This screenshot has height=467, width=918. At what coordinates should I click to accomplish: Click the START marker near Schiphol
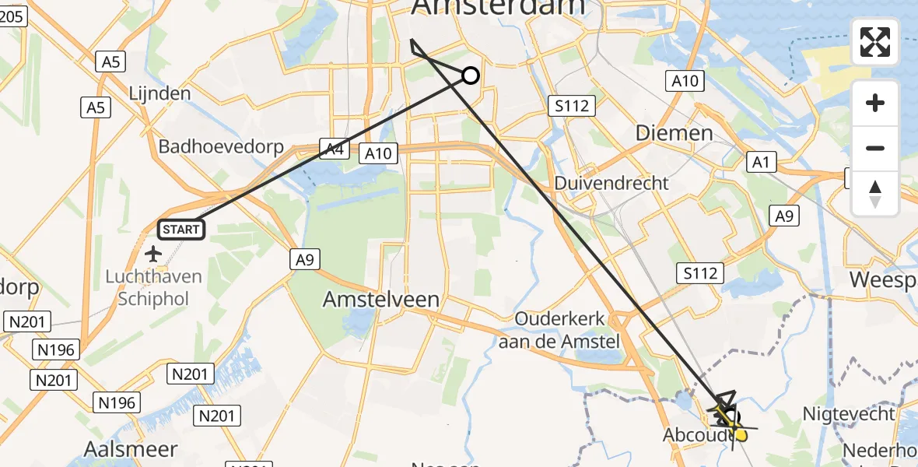pos(181,230)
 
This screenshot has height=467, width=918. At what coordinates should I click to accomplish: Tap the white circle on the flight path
pos(470,75)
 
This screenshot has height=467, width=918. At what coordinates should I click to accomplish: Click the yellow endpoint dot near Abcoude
pos(741,434)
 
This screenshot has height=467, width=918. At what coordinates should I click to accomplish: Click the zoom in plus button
pos(875,103)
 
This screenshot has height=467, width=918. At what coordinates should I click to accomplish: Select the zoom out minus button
pos(875,148)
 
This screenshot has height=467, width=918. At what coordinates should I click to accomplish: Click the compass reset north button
pos(875,193)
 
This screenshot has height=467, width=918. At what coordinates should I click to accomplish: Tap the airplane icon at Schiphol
pos(153,254)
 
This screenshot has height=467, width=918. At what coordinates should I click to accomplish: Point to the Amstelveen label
pos(381,299)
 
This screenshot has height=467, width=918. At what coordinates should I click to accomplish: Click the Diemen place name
pos(674,132)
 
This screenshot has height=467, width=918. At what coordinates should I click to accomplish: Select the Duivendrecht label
pos(611,183)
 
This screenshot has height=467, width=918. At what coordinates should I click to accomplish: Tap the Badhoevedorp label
pos(221,147)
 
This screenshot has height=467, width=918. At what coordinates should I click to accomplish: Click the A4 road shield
pos(335,149)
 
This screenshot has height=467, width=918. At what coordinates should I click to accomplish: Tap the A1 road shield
pos(760,162)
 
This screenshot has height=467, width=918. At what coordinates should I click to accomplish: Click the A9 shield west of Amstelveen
pos(304,260)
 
